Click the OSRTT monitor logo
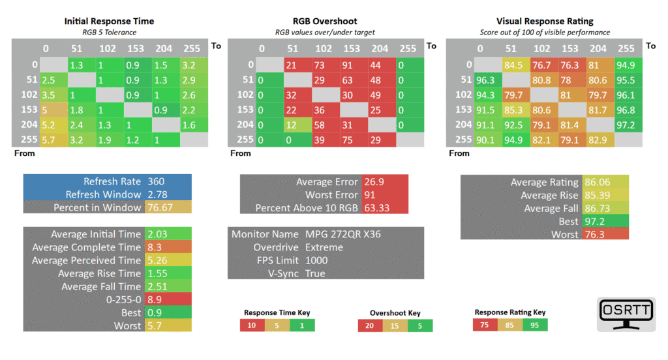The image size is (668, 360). click(x=626, y=314)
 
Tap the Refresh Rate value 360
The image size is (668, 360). click(x=157, y=181)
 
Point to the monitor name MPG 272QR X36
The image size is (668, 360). click(x=344, y=234)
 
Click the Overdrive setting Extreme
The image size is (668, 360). click(x=324, y=247)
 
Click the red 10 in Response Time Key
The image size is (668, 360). click(x=252, y=325)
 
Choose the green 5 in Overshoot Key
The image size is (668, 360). click(x=419, y=325)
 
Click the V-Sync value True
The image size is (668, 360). click(x=315, y=273)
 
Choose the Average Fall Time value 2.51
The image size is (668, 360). click(x=157, y=286)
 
